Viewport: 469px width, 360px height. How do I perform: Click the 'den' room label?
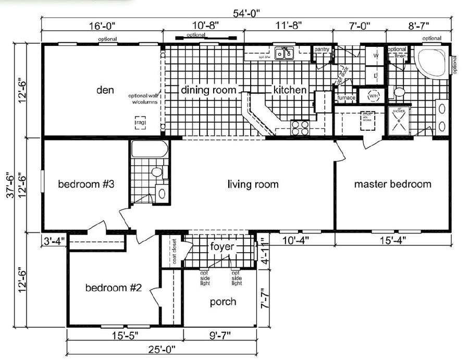pyautogui.click(x=105, y=89)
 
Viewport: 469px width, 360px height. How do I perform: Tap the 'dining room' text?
pyautogui.click(x=208, y=90)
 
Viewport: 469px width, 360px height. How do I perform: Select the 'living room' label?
pyautogui.click(x=253, y=184)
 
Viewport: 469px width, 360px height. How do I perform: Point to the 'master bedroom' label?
pyautogui.click(x=392, y=184)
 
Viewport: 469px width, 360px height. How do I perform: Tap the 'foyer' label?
pyautogui.click(x=223, y=246)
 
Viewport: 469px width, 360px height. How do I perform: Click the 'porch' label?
pyautogui.click(x=223, y=302)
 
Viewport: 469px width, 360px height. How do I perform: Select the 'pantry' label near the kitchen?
pyautogui.click(x=322, y=49)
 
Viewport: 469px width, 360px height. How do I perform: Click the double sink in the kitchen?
pyautogui.click(x=285, y=53)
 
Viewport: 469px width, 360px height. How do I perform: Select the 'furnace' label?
pyautogui.click(x=346, y=98)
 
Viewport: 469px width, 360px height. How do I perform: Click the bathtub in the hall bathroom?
pyautogui.click(x=149, y=150)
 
